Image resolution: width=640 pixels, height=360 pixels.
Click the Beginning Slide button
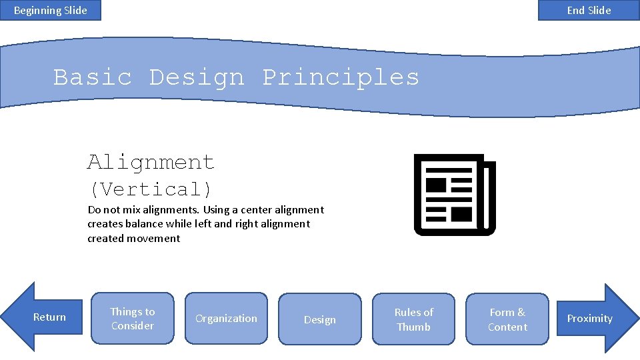click(51, 10)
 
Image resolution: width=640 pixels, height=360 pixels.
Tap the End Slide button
click(589, 10)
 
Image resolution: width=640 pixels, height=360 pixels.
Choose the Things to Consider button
click(132, 319)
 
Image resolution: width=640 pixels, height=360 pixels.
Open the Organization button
click(226, 319)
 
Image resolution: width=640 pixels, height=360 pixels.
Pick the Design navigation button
click(320, 319)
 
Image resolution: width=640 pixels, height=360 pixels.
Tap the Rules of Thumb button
click(413, 319)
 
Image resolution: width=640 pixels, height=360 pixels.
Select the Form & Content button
click(507, 319)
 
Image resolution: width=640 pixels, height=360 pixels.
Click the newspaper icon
click(455, 195)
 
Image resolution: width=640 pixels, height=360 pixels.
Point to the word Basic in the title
click(93, 77)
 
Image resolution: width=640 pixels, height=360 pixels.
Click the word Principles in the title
click(341, 77)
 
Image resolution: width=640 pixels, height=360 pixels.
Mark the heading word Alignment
click(151, 162)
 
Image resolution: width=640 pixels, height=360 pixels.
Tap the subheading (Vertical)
click(151, 189)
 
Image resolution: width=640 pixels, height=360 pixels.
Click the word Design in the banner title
click(197, 77)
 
